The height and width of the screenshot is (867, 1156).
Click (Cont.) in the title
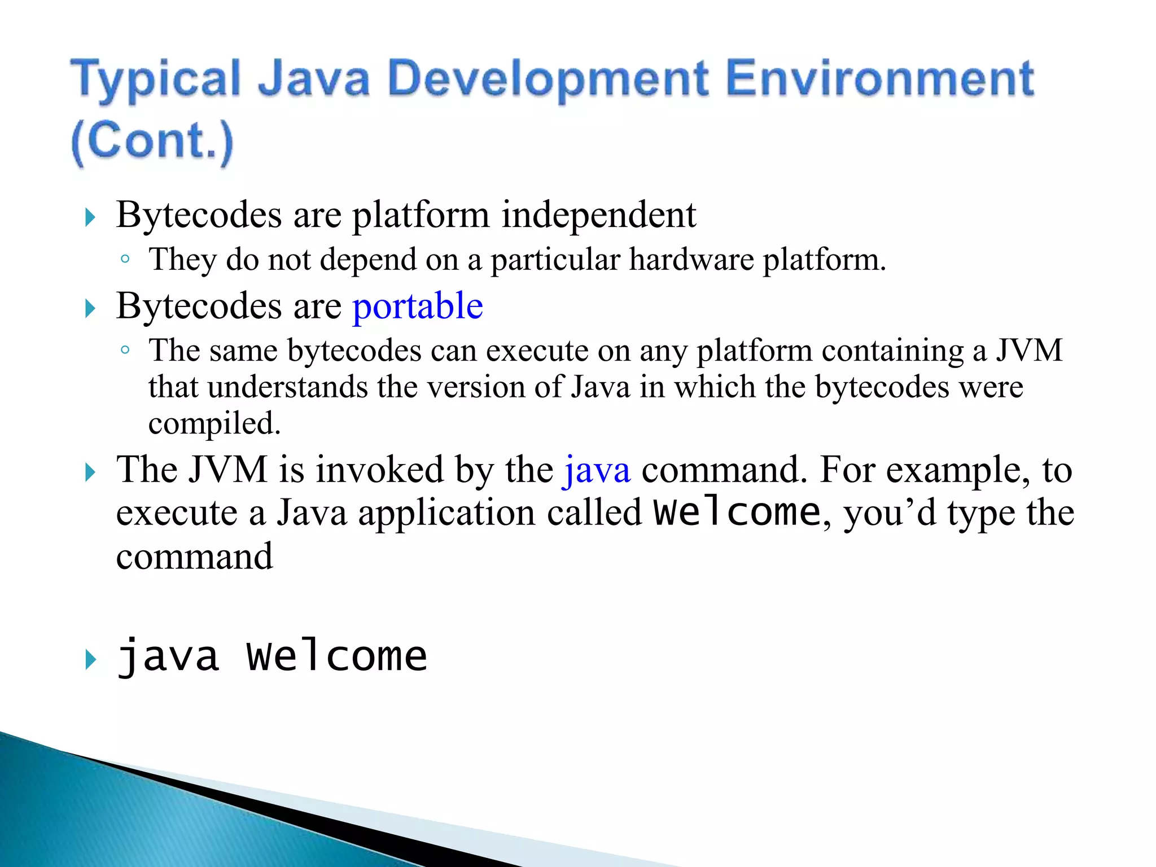[152, 141]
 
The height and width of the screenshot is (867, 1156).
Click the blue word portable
[418, 306]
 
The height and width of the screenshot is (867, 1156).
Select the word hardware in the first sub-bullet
[691, 260]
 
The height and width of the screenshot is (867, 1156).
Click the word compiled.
[214, 423]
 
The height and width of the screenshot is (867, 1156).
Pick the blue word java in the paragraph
[597, 470]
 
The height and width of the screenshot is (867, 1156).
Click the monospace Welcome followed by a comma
[737, 513]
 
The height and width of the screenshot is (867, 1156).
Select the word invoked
[379, 470]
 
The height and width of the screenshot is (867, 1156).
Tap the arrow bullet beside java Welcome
[90, 659]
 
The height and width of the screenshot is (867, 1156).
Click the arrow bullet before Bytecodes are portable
[90, 309]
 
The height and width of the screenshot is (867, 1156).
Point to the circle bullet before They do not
[125, 260]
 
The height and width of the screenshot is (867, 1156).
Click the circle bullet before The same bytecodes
[125, 351]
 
